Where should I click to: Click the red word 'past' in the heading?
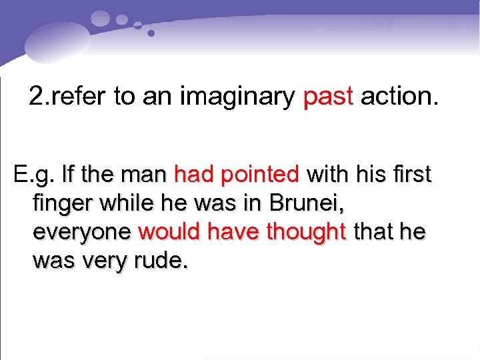pos(327,97)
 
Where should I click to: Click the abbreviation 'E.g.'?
pos(33,175)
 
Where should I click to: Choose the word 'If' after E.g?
pos(67,175)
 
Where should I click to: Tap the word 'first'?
pos(410,175)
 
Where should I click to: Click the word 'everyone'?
pos(81,233)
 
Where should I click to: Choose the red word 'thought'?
pos(307,233)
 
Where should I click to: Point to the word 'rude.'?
pos(163,261)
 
